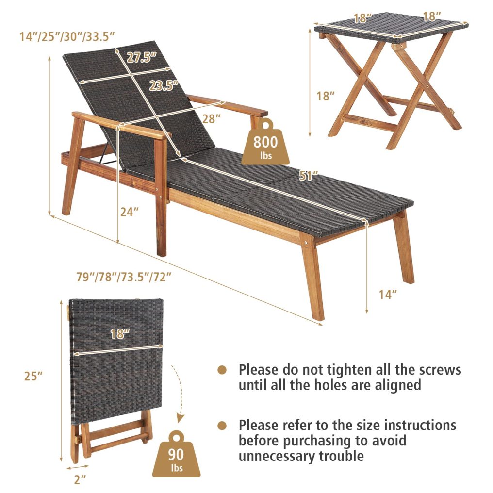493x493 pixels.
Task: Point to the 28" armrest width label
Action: pos(212,118)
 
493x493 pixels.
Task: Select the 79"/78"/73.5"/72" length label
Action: pos(124,277)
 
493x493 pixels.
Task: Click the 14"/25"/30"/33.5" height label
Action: pos(67,35)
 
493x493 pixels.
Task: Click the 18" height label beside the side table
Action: pos(326,96)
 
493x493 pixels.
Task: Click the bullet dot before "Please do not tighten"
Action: pos(222,370)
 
